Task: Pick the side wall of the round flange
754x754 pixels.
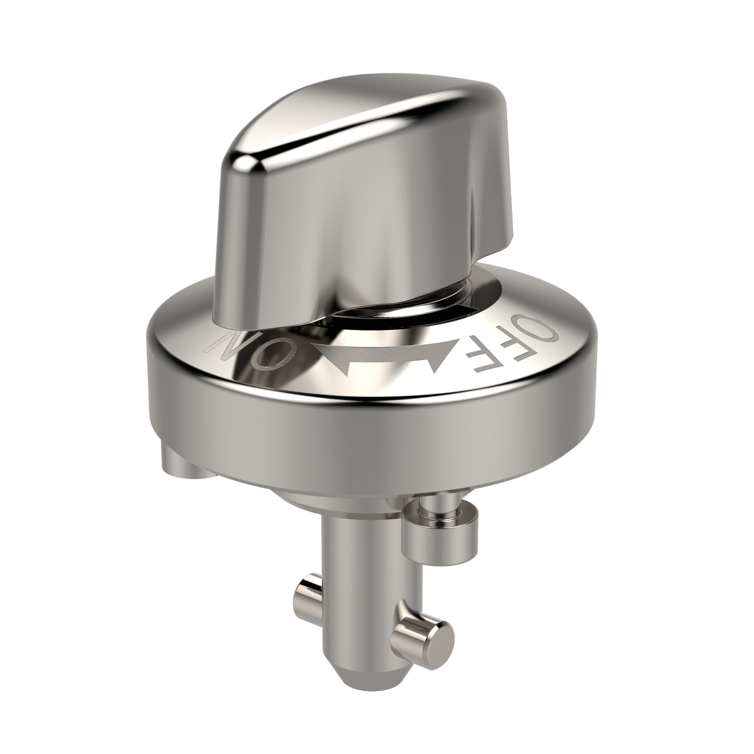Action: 352,432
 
